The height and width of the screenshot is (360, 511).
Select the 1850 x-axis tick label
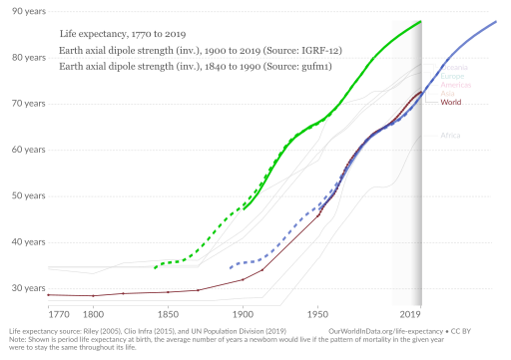[x=168, y=313]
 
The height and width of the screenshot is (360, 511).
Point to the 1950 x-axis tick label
[x=317, y=313]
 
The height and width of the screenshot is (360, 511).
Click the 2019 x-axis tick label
[x=406, y=313]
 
